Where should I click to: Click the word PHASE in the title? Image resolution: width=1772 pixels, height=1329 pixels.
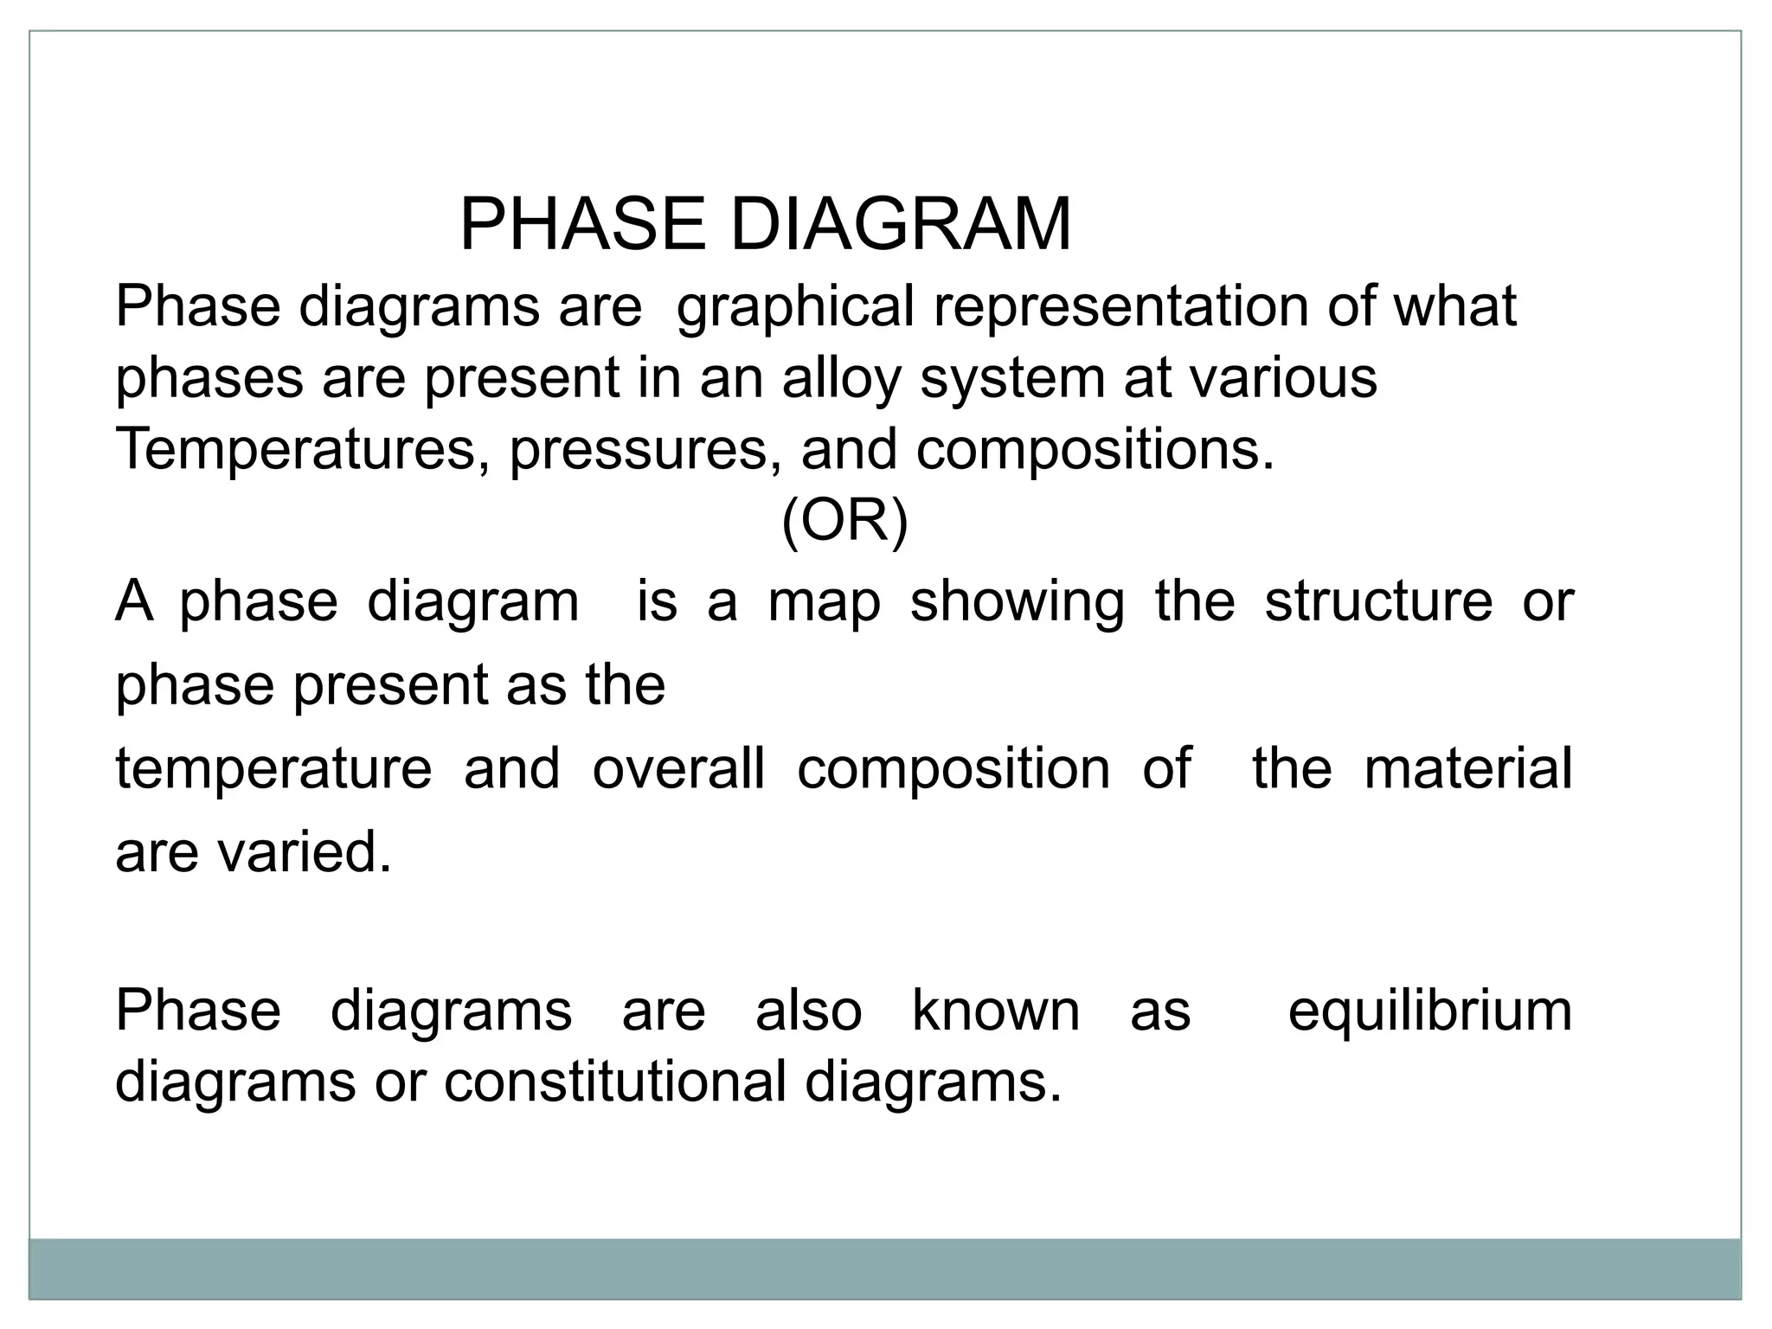pos(581,225)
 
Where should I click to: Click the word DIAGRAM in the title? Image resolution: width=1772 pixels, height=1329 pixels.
pos(901,225)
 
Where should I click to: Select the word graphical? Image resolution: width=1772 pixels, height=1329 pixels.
pos(794,308)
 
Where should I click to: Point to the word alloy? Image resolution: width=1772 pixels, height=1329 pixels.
pos(841,380)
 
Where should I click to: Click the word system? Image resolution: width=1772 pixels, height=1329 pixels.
pos(1012,380)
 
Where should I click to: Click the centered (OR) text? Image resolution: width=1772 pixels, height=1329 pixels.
pos(844,522)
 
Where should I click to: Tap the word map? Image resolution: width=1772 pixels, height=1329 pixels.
pos(824,603)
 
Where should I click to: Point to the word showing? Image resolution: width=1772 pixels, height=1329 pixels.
pos(1018,603)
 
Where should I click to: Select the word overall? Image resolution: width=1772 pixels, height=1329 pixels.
pos(678,768)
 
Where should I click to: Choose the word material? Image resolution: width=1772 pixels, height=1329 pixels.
pos(1467,768)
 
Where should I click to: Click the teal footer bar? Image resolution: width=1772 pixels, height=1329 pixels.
pos(884,1268)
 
